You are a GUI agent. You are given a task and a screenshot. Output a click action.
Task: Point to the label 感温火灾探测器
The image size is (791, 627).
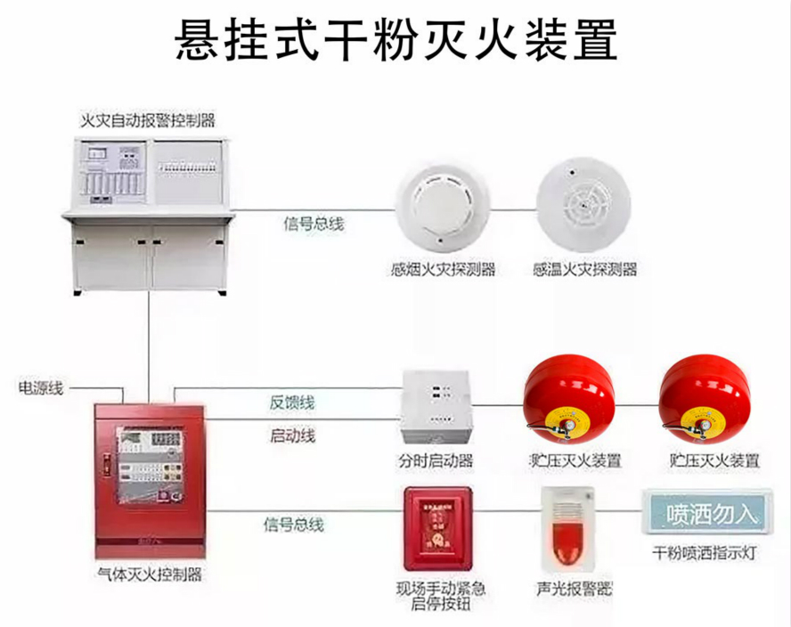584,270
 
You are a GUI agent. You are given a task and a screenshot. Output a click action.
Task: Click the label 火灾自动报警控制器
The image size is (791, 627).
148,118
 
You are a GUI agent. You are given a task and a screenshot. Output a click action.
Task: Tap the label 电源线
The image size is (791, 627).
41,388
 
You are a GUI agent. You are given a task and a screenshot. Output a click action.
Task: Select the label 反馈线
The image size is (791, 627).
292,403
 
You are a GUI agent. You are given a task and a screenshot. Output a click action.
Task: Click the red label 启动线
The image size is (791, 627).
292,436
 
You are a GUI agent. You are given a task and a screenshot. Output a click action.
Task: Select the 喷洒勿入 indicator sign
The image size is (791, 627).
704,516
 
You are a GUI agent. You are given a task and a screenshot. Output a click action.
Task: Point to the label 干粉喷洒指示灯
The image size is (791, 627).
704,554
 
